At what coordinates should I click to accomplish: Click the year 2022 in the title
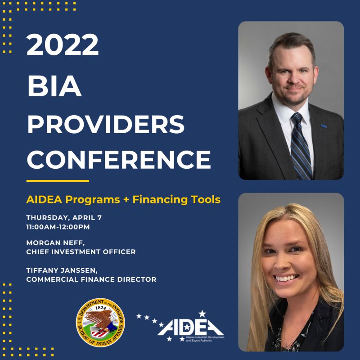pos(63,44)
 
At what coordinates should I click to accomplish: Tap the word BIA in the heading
pos(54,86)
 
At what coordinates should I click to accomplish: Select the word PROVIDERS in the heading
pos(106,124)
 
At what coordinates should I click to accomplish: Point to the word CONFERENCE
pos(119,159)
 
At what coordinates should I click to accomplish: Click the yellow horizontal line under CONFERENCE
pos(58,181)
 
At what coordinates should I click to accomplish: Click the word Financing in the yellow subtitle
pos(160,199)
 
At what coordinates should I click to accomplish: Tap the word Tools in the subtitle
pos(206,199)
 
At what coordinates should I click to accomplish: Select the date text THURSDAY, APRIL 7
pos(64,218)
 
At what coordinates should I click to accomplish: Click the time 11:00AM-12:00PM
pos(58,227)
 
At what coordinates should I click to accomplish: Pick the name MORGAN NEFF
pos(55,243)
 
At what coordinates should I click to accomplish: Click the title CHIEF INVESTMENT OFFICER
pos(81,252)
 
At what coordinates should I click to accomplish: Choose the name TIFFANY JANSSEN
pos(62,270)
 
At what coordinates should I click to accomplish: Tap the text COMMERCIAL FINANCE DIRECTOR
pos(91,279)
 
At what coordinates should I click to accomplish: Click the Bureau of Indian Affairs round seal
pos(100,323)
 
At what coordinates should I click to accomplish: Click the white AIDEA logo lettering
pos(190,327)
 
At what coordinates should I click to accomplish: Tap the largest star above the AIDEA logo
pos(202,314)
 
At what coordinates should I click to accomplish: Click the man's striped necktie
pos(300,146)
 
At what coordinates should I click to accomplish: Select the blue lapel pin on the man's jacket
pos(324,126)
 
